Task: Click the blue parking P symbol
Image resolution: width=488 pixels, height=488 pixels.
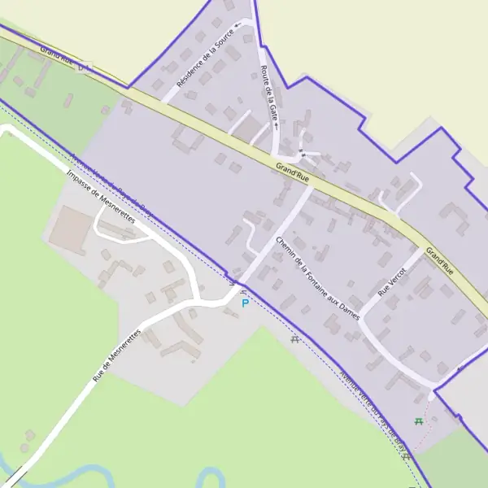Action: tap(245, 303)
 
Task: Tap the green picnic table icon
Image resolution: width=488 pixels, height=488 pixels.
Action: tap(419, 421)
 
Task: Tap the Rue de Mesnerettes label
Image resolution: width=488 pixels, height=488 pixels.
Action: tap(116, 355)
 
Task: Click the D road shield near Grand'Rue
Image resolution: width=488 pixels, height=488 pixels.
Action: tap(85, 65)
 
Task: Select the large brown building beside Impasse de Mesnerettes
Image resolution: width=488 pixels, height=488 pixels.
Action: tap(69, 229)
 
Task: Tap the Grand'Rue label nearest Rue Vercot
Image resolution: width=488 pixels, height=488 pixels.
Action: tap(439, 260)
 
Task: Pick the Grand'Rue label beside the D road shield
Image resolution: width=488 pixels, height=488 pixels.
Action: tap(55, 54)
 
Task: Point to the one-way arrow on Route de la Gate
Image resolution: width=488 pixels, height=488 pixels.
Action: tap(277, 126)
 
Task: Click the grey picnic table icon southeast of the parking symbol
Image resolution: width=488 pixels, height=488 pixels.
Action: tap(294, 339)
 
